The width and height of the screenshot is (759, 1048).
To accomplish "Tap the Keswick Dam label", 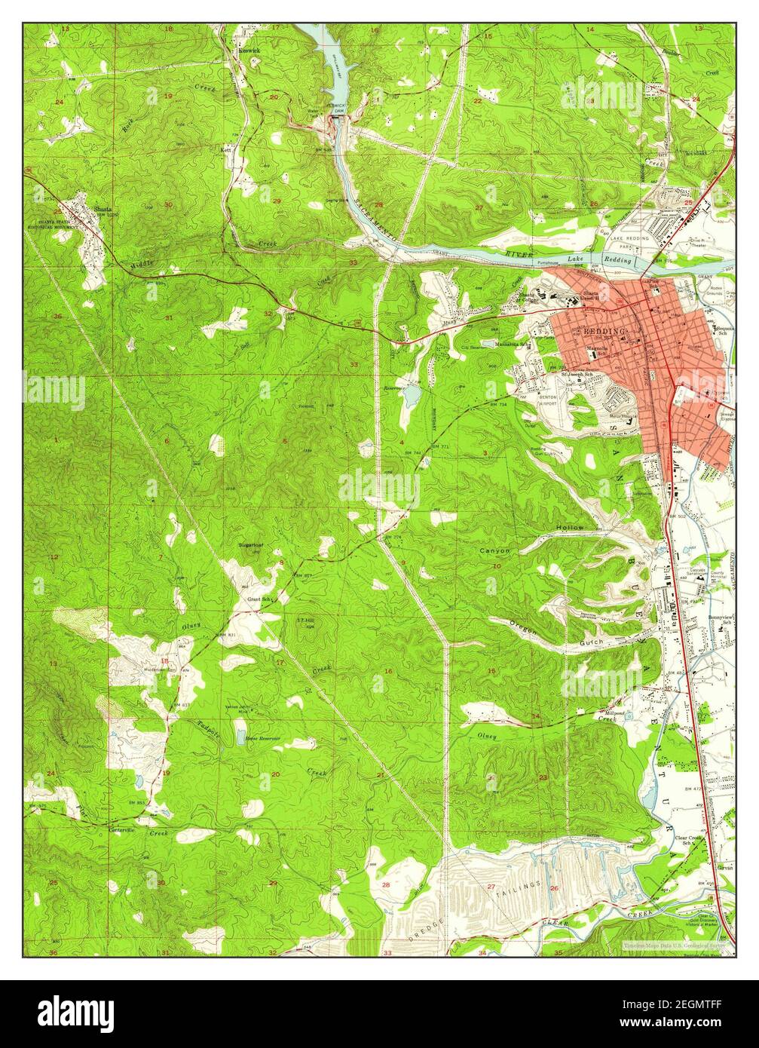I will (337, 107).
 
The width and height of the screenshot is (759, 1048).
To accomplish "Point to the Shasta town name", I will (101, 210).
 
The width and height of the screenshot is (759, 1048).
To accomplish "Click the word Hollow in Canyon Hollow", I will (570, 527).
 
